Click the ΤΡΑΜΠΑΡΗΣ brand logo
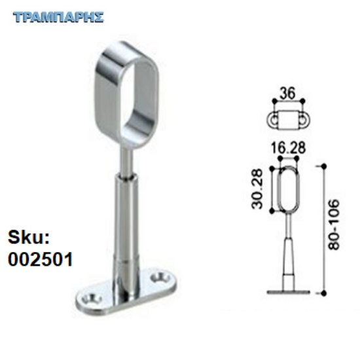(x=58, y=18)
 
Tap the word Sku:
(x=29, y=237)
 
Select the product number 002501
(x=40, y=259)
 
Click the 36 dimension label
(x=288, y=93)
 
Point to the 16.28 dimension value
(x=289, y=148)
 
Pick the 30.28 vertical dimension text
(x=257, y=189)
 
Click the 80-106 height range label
(x=334, y=225)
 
